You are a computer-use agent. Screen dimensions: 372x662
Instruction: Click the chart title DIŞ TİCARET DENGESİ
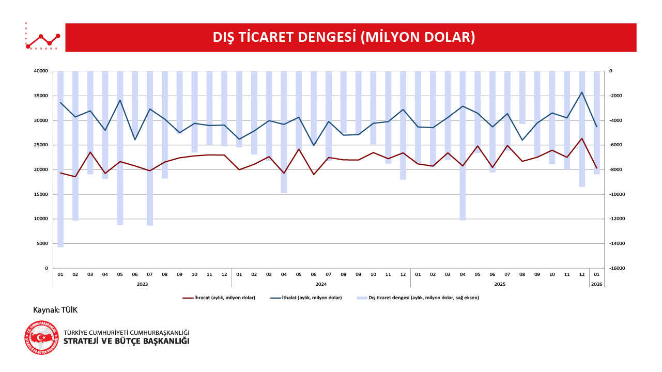[344, 37]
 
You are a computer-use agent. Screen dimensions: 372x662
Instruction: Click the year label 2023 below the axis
[143, 284]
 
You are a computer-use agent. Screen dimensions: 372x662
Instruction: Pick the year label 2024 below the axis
[321, 284]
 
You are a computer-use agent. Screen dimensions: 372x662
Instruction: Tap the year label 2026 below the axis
[597, 284]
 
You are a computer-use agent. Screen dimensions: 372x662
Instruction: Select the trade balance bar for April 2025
[463, 145]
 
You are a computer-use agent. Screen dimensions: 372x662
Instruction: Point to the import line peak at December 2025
[582, 92]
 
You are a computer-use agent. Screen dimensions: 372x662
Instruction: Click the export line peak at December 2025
[582, 138]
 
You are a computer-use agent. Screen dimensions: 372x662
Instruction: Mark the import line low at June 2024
[313, 145]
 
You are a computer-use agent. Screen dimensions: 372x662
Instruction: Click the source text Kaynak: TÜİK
[55, 310]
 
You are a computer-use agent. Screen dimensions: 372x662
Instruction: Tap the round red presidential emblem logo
[41, 337]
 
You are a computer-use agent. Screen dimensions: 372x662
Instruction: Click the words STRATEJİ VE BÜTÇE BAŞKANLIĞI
[126, 341]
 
